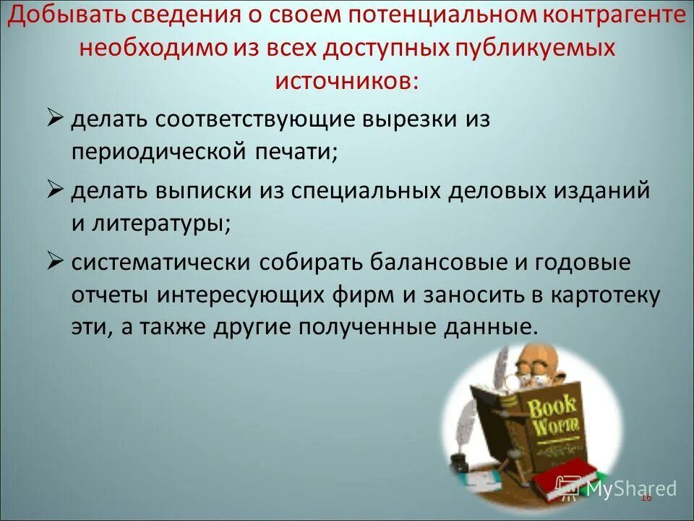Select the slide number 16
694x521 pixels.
click(646, 498)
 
